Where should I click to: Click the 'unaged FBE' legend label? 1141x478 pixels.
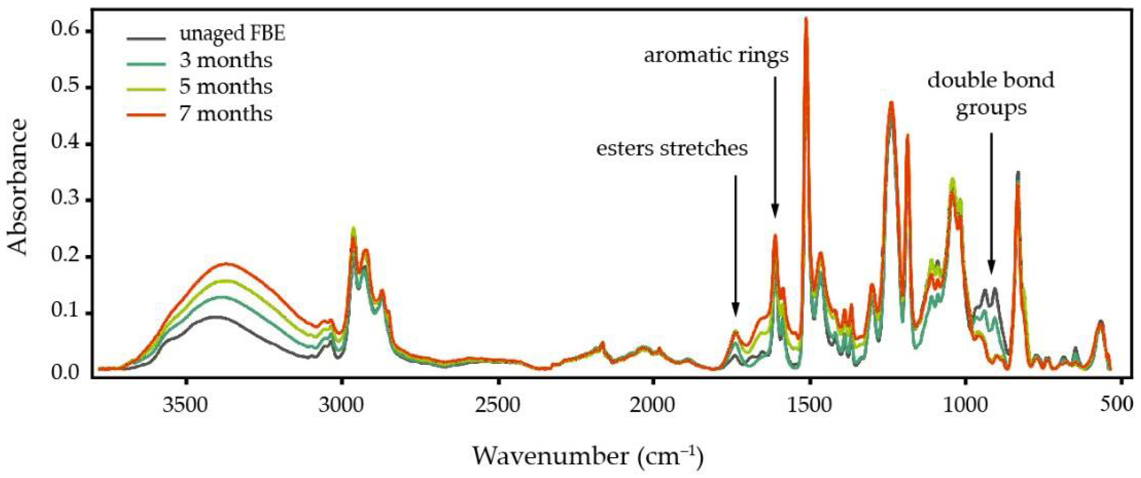coord(232,34)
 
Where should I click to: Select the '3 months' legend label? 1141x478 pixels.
coord(225,61)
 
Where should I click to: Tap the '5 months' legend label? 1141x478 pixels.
coord(225,87)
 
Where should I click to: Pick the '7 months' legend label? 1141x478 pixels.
coord(225,114)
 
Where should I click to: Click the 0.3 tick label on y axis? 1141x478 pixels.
coord(66,200)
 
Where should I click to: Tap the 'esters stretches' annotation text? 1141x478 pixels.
coord(672,149)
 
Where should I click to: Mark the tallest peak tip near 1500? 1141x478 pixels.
coord(806,19)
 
